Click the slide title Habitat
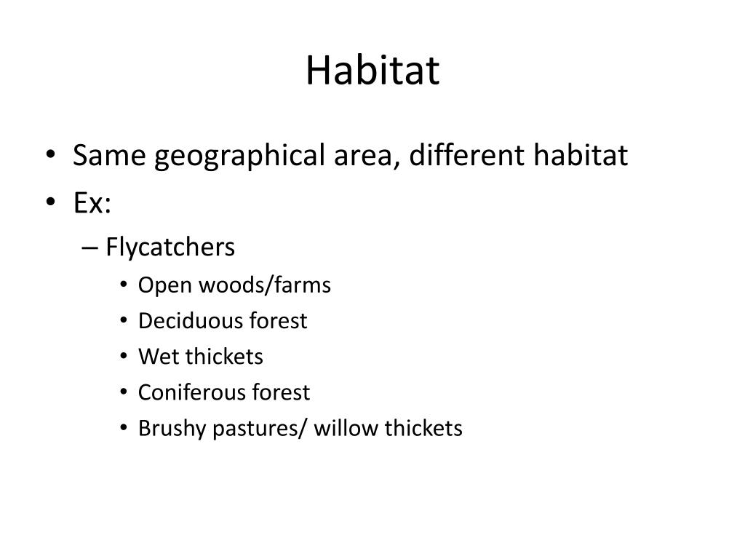tap(372, 71)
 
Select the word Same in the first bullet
tap(109, 155)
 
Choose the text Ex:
tap(92, 202)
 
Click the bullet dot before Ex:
tap(51, 201)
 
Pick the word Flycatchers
tap(170, 247)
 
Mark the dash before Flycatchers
tap(89, 247)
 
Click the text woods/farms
tap(265, 285)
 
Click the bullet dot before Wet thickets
tap(124, 356)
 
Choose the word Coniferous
tap(191, 392)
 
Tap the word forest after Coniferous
tap(281, 392)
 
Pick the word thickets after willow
tap(423, 428)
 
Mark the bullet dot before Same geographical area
tap(51, 154)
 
